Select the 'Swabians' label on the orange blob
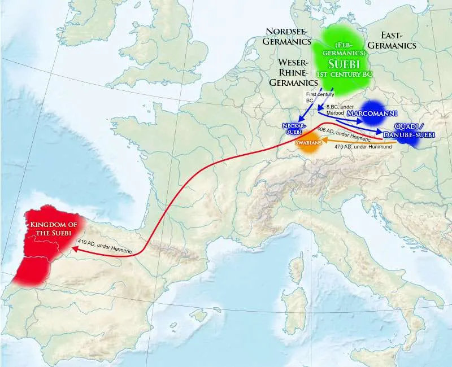(309, 144)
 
